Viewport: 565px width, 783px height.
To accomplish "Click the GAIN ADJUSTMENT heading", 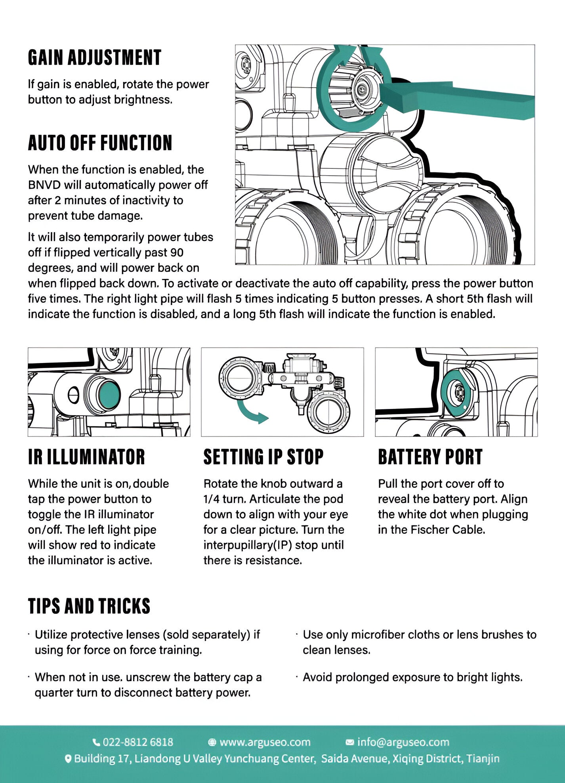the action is tap(94, 57).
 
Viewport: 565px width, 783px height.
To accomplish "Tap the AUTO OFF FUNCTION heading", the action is tap(100, 143).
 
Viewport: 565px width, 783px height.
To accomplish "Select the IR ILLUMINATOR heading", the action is tap(86, 457).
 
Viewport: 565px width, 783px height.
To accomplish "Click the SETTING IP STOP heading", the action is tap(263, 457).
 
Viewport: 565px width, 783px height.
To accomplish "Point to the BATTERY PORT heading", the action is tap(430, 457).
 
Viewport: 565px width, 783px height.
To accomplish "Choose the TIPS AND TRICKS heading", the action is tap(89, 606).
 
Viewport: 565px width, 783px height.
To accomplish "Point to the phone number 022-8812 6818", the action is tap(138, 742).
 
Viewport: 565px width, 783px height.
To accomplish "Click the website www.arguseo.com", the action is tap(265, 742).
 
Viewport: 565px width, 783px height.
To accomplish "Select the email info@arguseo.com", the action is tap(403, 742).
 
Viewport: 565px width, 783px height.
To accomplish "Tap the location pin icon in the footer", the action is tap(68, 759).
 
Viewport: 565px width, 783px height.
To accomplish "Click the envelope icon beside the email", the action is tap(350, 742).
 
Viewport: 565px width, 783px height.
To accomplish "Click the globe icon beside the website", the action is tap(212, 742).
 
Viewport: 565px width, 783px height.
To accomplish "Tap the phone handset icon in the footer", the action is tap(96, 742).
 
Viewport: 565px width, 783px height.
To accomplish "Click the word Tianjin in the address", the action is tap(483, 759).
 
